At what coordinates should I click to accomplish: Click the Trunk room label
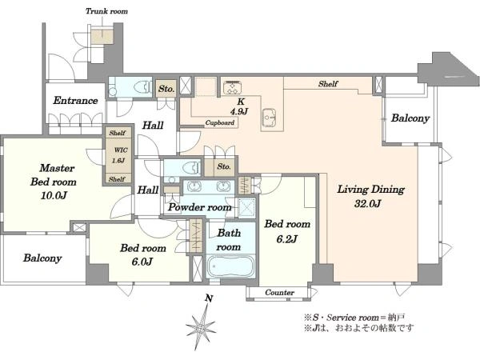[x=106, y=11]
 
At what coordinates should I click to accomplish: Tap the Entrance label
[x=75, y=101]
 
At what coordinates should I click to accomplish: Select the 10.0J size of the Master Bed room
[x=54, y=195]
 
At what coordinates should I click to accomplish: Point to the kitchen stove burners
[x=232, y=87]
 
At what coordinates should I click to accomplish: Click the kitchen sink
[x=270, y=118]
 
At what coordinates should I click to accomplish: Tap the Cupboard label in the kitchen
[x=220, y=122]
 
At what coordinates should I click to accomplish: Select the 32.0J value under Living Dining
[x=367, y=203]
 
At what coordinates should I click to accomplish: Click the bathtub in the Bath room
[x=230, y=266]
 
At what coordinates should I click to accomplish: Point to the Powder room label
[x=199, y=207]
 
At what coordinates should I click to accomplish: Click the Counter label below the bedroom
[x=279, y=292]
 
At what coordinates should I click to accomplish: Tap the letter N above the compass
[x=209, y=298]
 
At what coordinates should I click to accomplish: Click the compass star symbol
[x=201, y=329]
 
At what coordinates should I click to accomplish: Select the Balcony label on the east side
[x=410, y=118]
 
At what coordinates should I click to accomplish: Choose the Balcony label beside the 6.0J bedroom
[x=42, y=258]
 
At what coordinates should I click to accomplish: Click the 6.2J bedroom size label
[x=286, y=238]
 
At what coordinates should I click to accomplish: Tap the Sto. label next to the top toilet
[x=166, y=89]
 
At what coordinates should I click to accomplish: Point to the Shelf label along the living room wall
[x=328, y=83]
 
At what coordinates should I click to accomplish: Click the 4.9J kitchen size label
[x=239, y=111]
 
